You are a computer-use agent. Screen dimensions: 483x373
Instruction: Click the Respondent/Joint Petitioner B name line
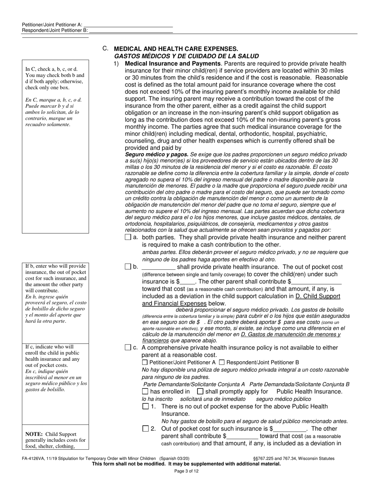131,30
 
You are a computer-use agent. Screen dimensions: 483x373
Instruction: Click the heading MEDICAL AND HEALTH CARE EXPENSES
176,49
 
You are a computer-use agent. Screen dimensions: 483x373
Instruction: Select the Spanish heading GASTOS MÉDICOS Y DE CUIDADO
186,56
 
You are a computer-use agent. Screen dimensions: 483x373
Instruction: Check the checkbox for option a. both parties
128,237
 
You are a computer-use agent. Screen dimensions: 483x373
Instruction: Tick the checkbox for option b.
128,267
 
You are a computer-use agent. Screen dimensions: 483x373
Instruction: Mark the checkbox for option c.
128,347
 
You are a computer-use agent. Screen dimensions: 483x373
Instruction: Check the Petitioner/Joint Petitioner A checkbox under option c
145,362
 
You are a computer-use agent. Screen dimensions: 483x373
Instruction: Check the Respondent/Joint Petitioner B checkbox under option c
222,362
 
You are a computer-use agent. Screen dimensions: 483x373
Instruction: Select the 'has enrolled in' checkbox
145,392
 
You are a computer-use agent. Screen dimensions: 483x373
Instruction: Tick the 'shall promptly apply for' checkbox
200,392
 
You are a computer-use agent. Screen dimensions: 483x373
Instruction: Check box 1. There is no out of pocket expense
146,406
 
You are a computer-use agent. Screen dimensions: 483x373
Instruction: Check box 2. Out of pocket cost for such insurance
146,429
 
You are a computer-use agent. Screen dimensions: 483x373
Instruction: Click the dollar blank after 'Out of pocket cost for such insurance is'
289,429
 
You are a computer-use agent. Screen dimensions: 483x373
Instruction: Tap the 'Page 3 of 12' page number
186,471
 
